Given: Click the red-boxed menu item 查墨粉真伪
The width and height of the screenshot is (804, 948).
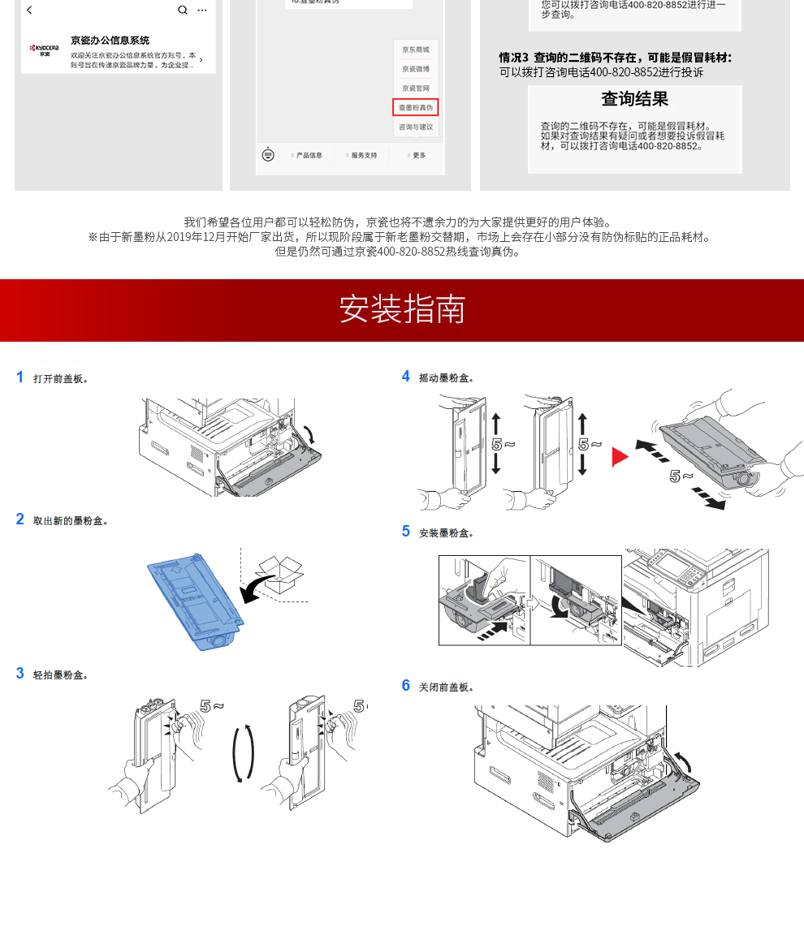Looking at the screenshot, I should click(x=416, y=107).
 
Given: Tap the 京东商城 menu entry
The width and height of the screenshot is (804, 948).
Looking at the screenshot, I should click(x=416, y=50).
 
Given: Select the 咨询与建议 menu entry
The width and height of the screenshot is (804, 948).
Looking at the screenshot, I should click(x=416, y=127).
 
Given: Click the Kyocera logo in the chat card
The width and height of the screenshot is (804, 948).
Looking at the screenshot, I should click(x=45, y=50).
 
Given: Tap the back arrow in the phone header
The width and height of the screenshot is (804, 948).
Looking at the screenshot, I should click(x=30, y=10).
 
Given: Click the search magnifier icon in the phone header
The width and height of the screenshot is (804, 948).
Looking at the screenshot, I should click(x=183, y=10).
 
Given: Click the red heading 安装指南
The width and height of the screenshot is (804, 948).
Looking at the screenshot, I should click(x=402, y=309).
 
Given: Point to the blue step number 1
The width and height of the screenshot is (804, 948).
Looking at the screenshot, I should click(x=20, y=377).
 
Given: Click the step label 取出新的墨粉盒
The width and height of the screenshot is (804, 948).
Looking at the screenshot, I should click(x=71, y=521).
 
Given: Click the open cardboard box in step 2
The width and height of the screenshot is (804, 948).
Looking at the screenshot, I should click(x=279, y=575).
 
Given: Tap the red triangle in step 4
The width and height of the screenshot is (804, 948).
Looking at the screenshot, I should click(x=620, y=457).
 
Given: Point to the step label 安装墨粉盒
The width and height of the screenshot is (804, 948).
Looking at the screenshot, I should click(x=447, y=533).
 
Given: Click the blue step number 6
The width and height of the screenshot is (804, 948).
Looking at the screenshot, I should click(x=406, y=686).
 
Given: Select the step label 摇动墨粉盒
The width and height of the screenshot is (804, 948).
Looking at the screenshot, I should click(x=447, y=378).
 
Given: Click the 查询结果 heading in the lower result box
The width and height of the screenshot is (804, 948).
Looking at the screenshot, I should click(x=634, y=99).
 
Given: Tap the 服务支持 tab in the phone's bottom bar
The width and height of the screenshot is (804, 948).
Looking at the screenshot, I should click(x=362, y=155).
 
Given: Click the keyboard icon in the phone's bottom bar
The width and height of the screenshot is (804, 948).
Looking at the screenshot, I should click(x=269, y=154).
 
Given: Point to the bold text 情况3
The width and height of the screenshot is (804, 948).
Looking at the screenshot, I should click(x=513, y=58).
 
